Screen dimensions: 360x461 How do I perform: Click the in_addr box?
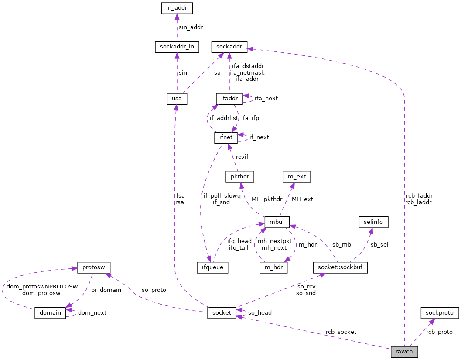tap(176, 8)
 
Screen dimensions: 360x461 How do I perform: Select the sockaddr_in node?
tap(177, 47)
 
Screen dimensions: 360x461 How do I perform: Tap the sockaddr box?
tap(229, 47)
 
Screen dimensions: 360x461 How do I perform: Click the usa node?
tap(177, 99)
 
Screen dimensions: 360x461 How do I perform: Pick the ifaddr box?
tap(229, 98)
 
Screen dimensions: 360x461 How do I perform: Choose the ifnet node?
tap(226, 137)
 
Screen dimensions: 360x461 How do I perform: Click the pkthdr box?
tap(239, 177)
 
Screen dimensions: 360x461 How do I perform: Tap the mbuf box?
tap(277, 222)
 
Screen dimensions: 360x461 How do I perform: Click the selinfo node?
tap(373, 222)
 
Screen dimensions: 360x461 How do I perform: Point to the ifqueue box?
tap(212, 267)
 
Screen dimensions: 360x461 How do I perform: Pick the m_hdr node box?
tap(273, 267)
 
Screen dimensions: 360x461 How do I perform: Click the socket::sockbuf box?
tap(341, 267)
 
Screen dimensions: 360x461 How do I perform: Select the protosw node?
tap(94, 267)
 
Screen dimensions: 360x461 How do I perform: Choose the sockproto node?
tap(440, 312)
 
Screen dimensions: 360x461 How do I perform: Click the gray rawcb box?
tap(404, 352)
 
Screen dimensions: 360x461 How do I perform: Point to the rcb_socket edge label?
tap(341, 332)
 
